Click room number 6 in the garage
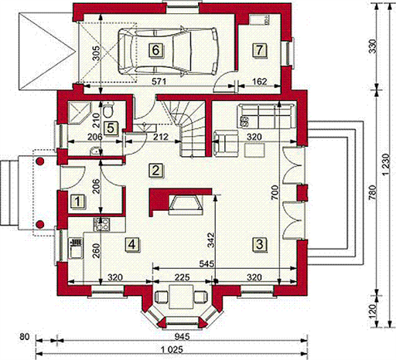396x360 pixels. [x=155, y=50]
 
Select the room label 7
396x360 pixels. [x=260, y=49]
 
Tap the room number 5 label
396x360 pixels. [x=111, y=128]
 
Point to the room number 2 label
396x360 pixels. [x=155, y=170]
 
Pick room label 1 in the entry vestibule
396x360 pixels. [x=77, y=201]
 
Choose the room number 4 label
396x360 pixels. [x=132, y=244]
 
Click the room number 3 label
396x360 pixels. [x=260, y=244]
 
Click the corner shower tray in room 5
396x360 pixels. [x=79, y=114]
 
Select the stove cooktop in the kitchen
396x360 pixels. [x=101, y=224]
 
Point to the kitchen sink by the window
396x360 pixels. [x=76, y=248]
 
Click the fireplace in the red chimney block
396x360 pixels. [x=186, y=205]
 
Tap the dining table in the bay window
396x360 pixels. [x=182, y=296]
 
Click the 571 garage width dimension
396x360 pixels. [x=159, y=81]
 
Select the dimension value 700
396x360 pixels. [x=275, y=192]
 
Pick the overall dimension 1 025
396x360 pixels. [x=172, y=350]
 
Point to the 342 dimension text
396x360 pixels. [x=211, y=240]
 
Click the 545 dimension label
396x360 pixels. [x=207, y=263]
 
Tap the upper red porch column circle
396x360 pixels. [x=40, y=161]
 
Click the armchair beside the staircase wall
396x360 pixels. [x=226, y=143]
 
